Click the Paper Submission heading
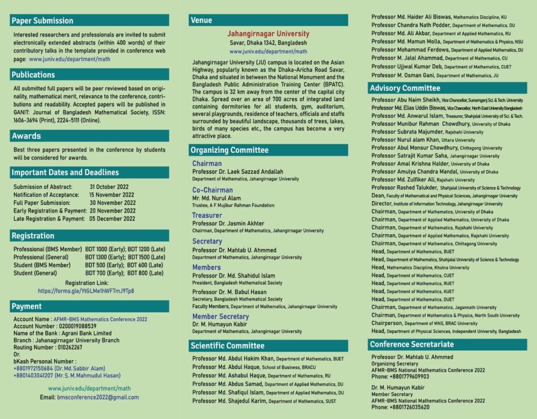pos(42,20)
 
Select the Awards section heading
pos(26,136)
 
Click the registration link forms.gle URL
pos(86,291)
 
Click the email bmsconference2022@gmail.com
pos(98,397)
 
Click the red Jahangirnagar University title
pos(268,34)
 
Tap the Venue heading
pos(201,20)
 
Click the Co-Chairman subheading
pos(212,190)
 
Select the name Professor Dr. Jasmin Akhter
pos(228,224)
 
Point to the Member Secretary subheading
pos(220,317)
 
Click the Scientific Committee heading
pos(227,345)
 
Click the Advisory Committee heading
pos(405,88)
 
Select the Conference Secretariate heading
pos(412,344)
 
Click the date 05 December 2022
pos(112,219)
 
